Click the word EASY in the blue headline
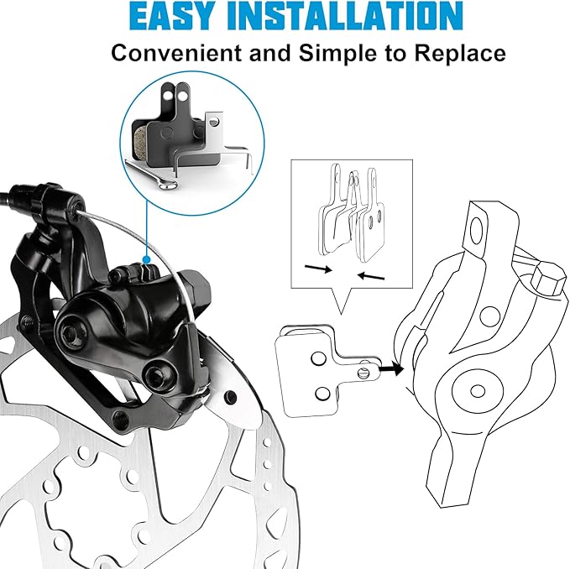coord(170,16)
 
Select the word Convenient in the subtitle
coord(176,53)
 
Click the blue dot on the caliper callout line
coord(147,259)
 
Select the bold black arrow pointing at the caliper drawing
coord(391,369)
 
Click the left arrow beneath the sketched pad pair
coord(318,269)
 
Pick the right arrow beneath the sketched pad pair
coord(371,276)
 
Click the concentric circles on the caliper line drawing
coord(478,391)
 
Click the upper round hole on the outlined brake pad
coord(318,358)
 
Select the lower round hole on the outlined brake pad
coord(322,394)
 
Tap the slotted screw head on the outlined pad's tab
coord(363,373)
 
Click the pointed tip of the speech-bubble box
coord(341,314)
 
